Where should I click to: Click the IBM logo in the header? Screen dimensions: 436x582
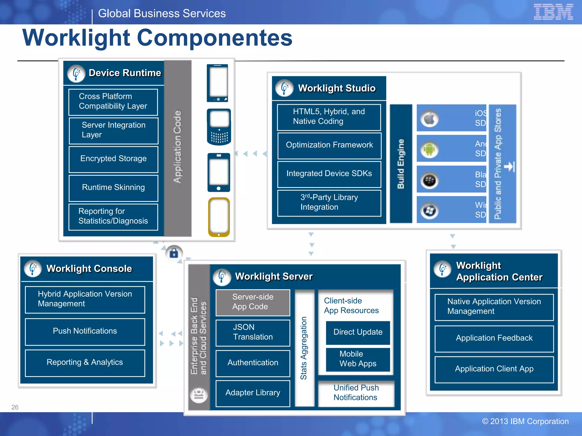(x=553, y=12)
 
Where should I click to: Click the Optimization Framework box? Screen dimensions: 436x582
(x=329, y=145)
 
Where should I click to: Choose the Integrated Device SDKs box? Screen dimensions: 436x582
(x=329, y=174)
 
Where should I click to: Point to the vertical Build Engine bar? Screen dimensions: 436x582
(x=401, y=164)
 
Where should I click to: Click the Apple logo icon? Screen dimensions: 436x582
(x=429, y=119)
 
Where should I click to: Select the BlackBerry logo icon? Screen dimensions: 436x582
(x=429, y=180)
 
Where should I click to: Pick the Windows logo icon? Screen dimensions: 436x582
(x=429, y=211)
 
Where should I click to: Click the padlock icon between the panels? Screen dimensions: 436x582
(x=174, y=253)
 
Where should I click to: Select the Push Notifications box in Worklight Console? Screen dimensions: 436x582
(x=85, y=331)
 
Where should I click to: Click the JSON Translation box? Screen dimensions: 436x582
(x=253, y=332)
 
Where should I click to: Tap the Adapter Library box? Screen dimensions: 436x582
(x=253, y=393)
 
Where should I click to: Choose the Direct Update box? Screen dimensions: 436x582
(x=358, y=332)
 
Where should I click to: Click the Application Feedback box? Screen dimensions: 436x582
(x=494, y=338)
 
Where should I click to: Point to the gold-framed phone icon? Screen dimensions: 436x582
(x=219, y=217)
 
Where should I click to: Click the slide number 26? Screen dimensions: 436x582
(x=15, y=407)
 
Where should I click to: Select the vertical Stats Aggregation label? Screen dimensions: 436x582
(x=304, y=348)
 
